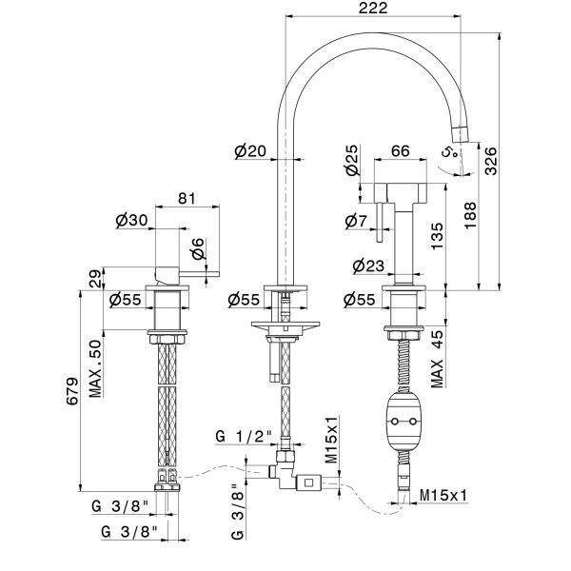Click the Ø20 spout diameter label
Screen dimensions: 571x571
coord(250,150)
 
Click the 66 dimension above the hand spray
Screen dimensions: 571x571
coord(401,150)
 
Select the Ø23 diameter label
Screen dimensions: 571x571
coord(365,266)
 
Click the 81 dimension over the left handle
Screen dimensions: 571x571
coord(187,199)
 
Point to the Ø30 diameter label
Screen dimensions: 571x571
coord(130,220)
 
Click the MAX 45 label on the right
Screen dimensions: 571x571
coord(438,359)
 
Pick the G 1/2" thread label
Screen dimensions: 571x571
coord(245,437)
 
